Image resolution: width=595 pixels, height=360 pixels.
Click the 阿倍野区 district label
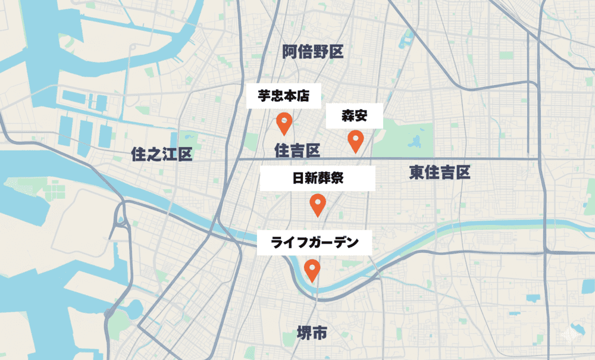tap(313, 52)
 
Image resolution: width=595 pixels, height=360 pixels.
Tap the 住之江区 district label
tap(161, 155)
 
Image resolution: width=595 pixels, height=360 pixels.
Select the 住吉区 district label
tap(297, 151)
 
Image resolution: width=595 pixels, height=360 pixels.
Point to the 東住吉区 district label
tap(440, 173)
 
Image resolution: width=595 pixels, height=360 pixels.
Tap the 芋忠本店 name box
tap(283, 96)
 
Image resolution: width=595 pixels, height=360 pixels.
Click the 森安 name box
tap(354, 116)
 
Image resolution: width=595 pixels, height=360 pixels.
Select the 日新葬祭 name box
tap(318, 179)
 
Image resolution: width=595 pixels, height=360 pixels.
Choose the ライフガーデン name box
tap(314, 243)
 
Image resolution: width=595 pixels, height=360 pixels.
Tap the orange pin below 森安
tap(355, 140)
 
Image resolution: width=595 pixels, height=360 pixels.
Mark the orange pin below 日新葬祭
tap(318, 205)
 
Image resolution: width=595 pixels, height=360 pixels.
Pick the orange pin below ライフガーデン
tap(312, 270)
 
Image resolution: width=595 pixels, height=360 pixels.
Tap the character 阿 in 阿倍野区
tap(290, 52)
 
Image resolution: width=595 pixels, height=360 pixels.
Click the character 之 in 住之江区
tap(154, 155)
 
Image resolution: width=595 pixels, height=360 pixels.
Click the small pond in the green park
tap(415, 142)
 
